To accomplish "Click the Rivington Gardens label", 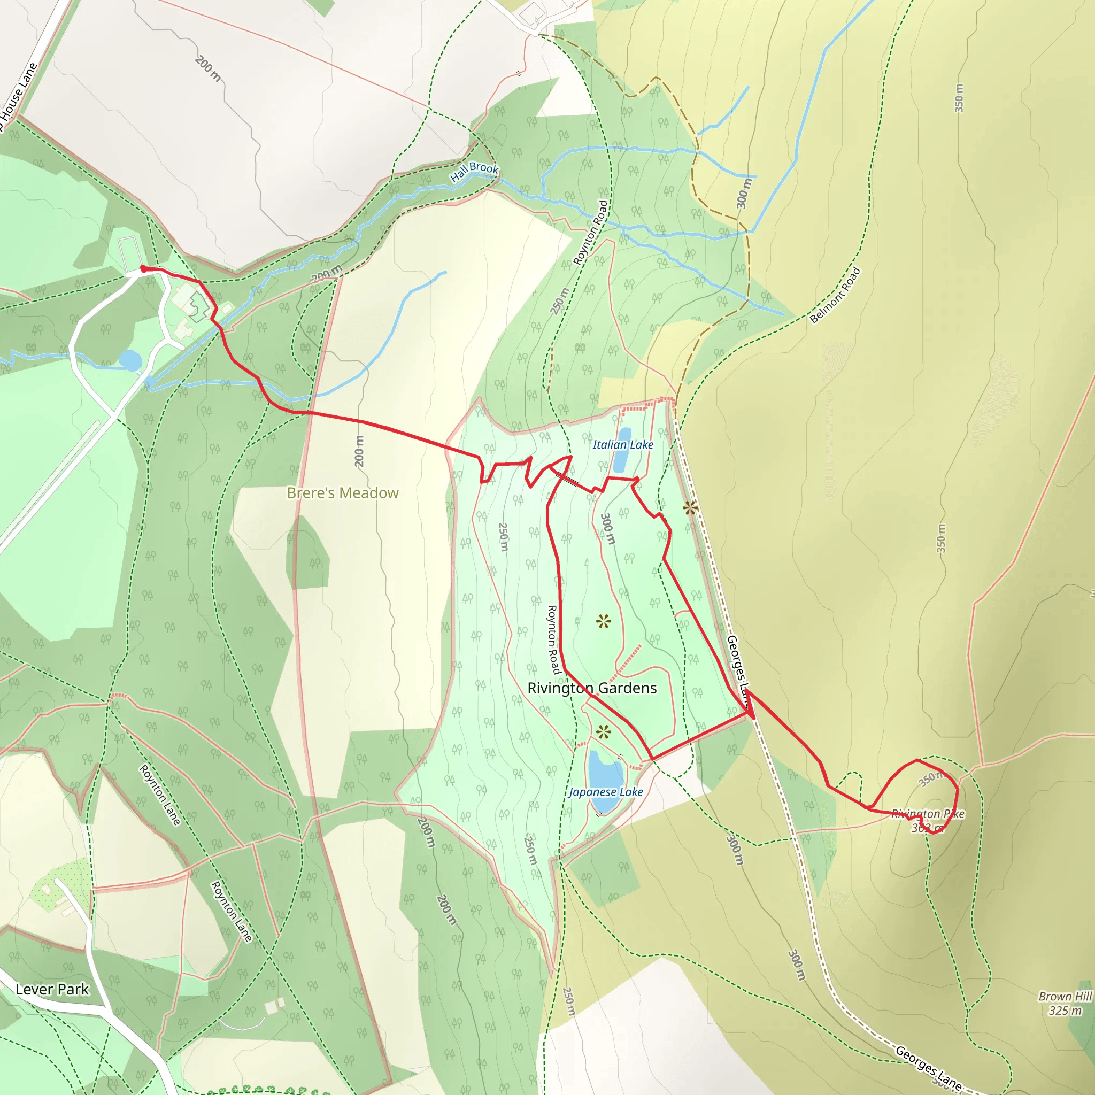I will click(592, 688).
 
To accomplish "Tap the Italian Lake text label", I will click(623, 445).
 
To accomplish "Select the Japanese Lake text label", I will click(606, 792).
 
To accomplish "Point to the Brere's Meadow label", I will click(343, 493).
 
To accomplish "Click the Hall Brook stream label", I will click(474, 171).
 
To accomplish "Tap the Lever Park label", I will click(52, 990).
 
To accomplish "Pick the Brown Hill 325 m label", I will click(1065, 1003).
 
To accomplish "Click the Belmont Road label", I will click(835, 295).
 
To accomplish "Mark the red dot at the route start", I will click(143, 268).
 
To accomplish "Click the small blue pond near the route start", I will click(130, 360).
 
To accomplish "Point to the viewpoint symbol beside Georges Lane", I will click(690, 508).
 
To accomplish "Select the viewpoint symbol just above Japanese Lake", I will click(604, 733).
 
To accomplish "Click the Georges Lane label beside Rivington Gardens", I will click(738, 669).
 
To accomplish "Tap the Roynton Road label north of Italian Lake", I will click(591, 233).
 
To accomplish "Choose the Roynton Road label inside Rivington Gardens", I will click(553, 639).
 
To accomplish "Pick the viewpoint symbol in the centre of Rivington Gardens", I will click(604, 622).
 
